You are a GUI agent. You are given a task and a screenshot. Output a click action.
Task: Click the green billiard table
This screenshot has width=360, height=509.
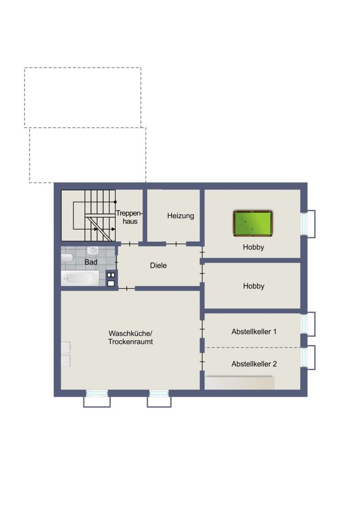tap(253, 223)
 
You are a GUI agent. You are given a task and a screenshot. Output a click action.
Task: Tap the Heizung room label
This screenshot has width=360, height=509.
tap(180, 215)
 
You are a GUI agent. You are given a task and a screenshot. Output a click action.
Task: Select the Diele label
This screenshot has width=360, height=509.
tap(158, 265)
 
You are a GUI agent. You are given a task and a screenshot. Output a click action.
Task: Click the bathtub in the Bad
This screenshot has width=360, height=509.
tap(80, 278)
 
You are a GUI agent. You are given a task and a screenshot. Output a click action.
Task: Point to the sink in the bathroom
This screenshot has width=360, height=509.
tap(93, 250)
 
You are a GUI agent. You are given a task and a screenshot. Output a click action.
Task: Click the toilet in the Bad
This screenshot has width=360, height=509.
tap(67, 258)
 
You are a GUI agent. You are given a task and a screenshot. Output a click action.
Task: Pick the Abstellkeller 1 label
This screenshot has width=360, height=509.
tap(254, 332)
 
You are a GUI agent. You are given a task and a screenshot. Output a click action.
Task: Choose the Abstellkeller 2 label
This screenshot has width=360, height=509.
tap(254, 364)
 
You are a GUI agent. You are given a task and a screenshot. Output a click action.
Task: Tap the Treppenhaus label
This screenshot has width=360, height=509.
tap(129, 217)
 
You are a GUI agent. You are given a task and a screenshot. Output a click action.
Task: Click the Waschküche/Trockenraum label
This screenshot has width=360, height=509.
tap(130, 337)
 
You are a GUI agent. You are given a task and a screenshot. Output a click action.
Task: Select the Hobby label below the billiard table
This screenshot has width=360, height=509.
tap(254, 247)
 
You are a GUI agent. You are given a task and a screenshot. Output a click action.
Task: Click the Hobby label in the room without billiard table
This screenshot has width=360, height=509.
tap(254, 286)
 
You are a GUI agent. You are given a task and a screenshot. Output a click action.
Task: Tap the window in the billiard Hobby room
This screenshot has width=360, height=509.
tap(304, 223)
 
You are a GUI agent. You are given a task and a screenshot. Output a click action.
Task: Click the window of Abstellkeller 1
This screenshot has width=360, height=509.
tap(304, 324)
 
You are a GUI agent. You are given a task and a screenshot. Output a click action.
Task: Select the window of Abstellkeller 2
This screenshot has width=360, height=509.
tap(304, 357)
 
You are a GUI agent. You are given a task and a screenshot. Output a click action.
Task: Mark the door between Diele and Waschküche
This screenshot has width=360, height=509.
tap(127, 288)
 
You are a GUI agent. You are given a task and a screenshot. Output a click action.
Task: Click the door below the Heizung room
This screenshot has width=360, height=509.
tap(176, 244)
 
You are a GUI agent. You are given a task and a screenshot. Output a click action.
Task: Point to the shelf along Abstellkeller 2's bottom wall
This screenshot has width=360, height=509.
tap(239, 383)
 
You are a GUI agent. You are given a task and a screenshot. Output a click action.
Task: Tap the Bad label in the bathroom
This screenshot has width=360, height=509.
tap(91, 262)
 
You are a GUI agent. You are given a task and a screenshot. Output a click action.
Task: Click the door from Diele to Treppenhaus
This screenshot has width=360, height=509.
tap(130, 244)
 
